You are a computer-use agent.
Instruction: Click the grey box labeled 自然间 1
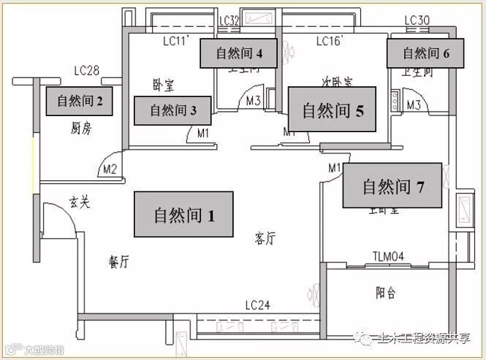[183, 214]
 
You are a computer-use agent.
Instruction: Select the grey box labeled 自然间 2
[80, 102]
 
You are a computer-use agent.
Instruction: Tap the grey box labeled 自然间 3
[173, 111]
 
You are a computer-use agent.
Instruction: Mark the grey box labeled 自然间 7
[393, 187]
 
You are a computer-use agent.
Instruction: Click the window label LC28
[87, 72]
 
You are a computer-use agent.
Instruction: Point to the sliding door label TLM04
[389, 256]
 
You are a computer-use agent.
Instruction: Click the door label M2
[110, 169]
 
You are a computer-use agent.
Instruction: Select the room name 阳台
[386, 293]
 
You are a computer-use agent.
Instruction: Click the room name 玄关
[80, 202]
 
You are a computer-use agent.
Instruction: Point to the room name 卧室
[163, 85]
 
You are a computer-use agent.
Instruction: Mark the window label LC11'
[176, 42]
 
